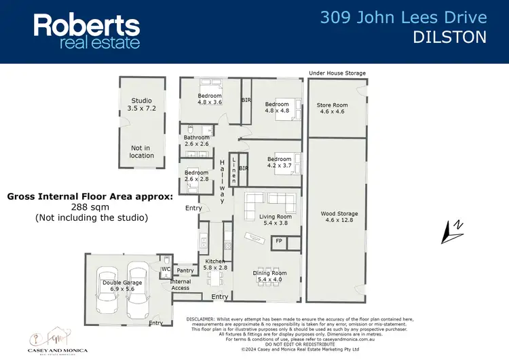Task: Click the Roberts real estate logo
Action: tap(87, 31)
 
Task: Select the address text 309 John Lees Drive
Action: tap(403, 18)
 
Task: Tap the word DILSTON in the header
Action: tap(449, 37)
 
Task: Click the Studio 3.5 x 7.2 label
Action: tap(142, 105)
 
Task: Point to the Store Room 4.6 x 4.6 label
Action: tap(333, 109)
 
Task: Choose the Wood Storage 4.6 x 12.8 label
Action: tap(339, 217)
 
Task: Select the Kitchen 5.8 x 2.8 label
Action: tap(216, 265)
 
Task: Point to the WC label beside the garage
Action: tap(166, 269)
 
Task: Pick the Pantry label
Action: tap(185, 270)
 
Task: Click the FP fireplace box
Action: tap(278, 241)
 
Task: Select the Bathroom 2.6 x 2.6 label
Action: tap(197, 141)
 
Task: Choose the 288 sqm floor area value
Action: tap(90, 207)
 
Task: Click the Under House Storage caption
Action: tap(337, 73)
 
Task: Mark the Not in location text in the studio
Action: tap(142, 151)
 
